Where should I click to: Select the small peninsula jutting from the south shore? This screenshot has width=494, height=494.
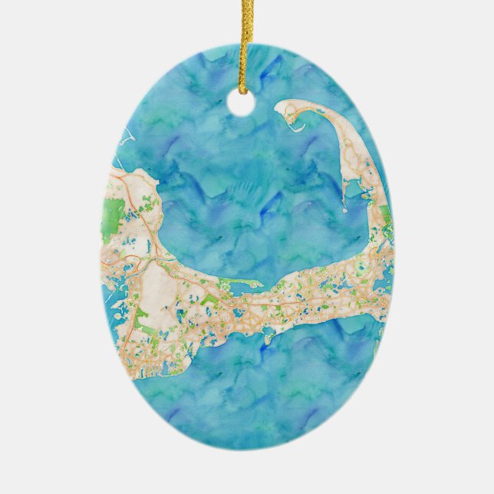coord(268,336)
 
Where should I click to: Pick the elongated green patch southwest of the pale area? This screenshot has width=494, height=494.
coord(142,322)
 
